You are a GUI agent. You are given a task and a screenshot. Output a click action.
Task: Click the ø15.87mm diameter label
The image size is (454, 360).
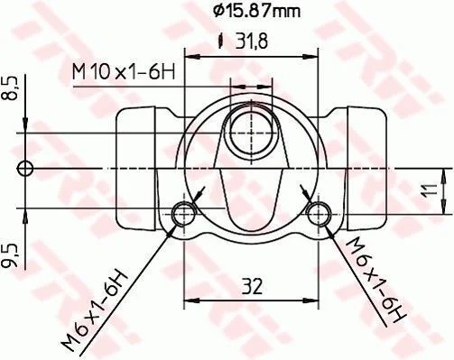point(256,11)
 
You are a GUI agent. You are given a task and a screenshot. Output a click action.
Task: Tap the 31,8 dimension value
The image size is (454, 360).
point(252,42)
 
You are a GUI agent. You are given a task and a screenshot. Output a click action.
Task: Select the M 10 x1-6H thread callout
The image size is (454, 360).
point(124,72)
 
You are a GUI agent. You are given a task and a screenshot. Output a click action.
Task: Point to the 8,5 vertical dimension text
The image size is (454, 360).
point(8,88)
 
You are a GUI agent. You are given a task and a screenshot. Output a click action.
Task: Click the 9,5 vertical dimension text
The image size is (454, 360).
point(8,256)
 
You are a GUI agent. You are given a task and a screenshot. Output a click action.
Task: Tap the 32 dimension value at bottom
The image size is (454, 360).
point(251,286)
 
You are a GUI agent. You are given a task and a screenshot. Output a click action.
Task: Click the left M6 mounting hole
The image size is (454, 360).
point(183,214)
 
